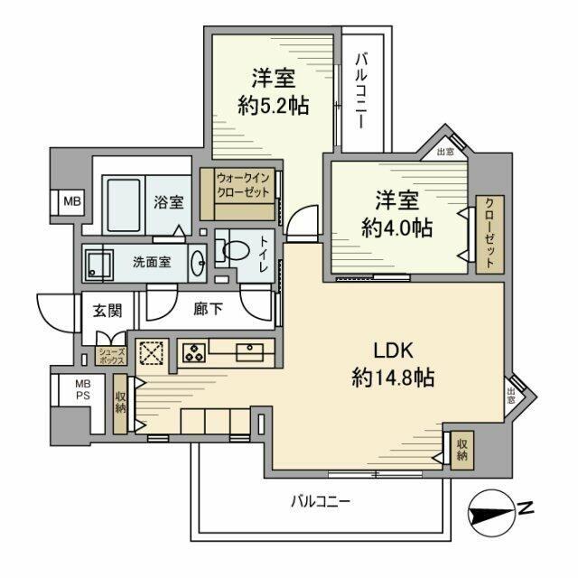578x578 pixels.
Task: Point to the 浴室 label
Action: (167, 202)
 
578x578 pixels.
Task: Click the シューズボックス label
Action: (110, 356)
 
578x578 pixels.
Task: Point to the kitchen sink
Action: (247, 352)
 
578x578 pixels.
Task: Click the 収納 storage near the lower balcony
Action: (461, 449)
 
